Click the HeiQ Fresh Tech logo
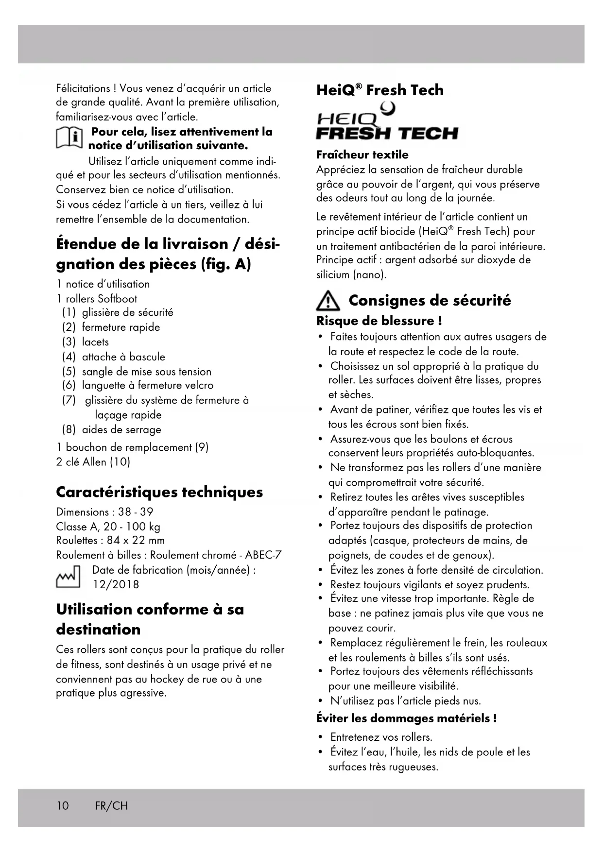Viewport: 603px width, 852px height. [387, 122]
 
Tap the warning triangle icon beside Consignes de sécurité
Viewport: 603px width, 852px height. [328, 302]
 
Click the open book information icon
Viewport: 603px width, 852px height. [68, 138]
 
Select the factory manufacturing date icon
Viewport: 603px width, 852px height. [68, 577]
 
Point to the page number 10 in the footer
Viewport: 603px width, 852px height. [63, 806]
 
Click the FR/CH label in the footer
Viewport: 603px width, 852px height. [112, 806]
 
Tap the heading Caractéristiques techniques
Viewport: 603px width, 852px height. [159, 492]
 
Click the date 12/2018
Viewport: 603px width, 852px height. [116, 584]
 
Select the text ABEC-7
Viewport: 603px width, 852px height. [263, 555]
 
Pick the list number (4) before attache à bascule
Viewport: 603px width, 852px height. [69, 357]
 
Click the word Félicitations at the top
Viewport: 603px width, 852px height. [83, 88]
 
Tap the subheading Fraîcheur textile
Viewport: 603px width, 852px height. [362, 155]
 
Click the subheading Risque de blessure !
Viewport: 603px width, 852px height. [379, 321]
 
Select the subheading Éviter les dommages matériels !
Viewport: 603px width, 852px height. [406, 718]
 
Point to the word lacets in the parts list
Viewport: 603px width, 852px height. [95, 342]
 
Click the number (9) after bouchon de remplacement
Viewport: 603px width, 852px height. [202, 447]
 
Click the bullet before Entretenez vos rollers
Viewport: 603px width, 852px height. [320, 737]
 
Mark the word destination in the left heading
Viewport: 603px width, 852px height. [98, 630]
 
